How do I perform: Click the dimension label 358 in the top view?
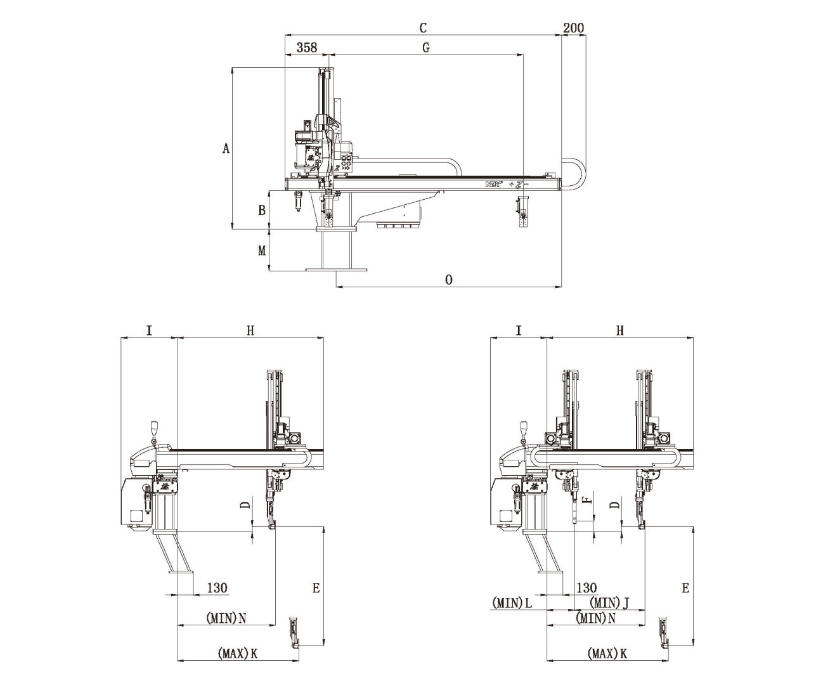306,48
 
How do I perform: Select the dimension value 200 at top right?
573,28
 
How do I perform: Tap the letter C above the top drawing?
423,28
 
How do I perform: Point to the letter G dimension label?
425,48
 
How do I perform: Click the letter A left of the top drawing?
226,148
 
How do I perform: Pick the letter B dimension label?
261,210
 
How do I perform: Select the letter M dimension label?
261,251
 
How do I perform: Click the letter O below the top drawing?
449,280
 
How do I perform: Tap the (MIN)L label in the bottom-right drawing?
512,602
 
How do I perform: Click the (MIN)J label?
609,602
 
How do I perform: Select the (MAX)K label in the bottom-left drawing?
237,653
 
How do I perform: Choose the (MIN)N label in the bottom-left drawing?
226,617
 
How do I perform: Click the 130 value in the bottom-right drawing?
586,588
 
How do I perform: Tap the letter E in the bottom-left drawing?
316,588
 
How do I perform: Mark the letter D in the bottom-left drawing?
245,505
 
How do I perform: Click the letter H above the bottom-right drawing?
620,330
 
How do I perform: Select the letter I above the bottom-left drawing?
149,330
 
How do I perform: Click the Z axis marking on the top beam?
519,184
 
